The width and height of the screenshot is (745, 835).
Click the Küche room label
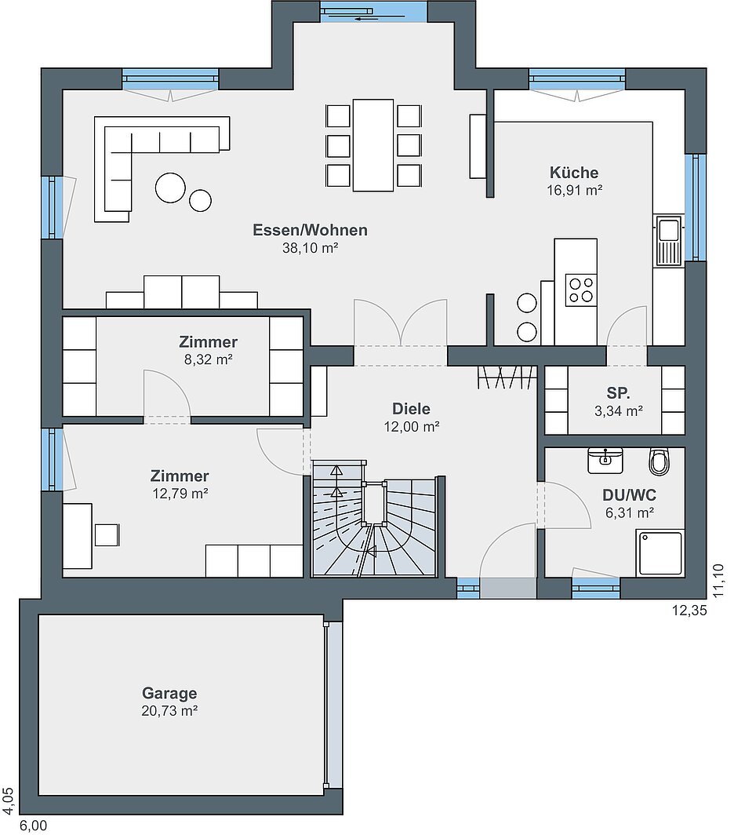574,173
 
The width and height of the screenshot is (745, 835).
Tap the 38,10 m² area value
311,248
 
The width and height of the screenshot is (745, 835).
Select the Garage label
169,693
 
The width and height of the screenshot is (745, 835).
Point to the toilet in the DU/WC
659,461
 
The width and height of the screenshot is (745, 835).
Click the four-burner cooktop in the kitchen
580,289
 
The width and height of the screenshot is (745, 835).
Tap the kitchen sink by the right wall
668,240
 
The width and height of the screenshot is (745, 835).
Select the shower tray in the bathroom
660,552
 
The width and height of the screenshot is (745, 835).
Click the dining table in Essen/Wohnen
373,144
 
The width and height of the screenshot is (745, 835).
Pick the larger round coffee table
170,188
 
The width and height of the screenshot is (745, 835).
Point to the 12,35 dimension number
689,611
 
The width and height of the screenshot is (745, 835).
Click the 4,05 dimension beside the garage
9,801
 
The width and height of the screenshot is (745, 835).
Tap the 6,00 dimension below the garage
34,826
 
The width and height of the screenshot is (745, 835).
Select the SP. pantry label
618,393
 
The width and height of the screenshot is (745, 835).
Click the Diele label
411,408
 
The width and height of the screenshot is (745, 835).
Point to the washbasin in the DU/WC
605,460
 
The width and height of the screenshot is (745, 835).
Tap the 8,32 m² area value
208,359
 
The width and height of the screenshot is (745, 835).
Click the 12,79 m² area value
180,494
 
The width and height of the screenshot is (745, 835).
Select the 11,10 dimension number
718,581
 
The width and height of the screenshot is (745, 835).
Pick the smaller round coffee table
200,200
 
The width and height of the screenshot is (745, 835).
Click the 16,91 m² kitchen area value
574,190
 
